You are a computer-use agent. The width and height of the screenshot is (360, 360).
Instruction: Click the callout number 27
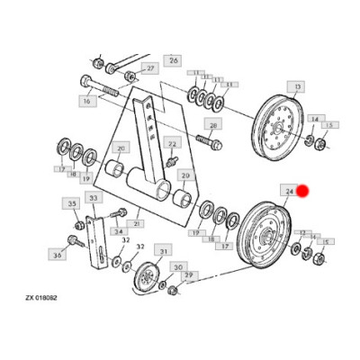[x=149, y=68]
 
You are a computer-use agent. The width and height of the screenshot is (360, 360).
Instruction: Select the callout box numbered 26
[x=174, y=60]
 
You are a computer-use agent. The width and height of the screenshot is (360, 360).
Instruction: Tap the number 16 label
[x=87, y=102]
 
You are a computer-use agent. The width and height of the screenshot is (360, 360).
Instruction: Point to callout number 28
[x=212, y=124]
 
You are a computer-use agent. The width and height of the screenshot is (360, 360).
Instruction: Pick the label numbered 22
[x=173, y=144]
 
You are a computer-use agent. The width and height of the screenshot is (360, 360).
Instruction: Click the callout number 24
[x=290, y=191]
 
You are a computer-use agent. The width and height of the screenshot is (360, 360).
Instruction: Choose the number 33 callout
[x=93, y=197]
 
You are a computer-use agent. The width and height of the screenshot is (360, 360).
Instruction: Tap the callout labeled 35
[x=74, y=205]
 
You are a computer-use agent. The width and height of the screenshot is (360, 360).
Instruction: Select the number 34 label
[x=118, y=230]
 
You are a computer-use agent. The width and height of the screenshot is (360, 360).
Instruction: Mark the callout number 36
[x=58, y=256]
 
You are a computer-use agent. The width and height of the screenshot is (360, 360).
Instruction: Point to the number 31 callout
[x=164, y=250]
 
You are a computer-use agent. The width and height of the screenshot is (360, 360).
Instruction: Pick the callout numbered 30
[x=178, y=267]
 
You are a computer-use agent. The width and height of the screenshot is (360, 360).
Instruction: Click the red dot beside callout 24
[x=303, y=191]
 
